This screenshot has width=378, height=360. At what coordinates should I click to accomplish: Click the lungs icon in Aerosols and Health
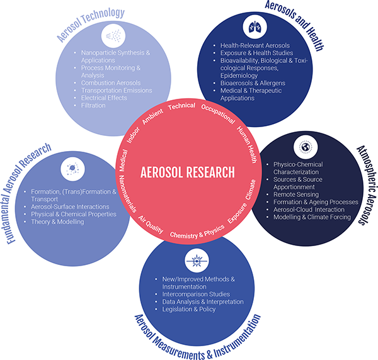click(x=255, y=26)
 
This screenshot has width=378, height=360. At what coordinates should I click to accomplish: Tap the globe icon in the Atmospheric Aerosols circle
click(x=306, y=147)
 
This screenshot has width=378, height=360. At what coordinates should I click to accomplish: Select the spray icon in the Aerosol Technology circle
click(x=113, y=36)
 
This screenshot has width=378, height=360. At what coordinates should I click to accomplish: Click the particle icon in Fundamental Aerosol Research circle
click(x=72, y=169)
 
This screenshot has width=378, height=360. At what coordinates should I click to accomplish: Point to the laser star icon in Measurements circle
click(x=197, y=261)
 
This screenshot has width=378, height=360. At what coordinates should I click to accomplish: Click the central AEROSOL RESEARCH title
click(x=188, y=172)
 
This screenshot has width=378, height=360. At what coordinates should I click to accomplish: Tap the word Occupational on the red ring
click(x=218, y=114)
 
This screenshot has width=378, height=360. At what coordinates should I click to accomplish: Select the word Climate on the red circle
click(x=251, y=189)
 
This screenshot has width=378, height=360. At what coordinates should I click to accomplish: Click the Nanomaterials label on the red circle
click(x=127, y=194)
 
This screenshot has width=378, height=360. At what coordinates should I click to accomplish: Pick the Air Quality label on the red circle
click(x=151, y=225)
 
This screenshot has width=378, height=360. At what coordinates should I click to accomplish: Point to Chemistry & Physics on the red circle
click(x=197, y=232)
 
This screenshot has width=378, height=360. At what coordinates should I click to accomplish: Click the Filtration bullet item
click(x=93, y=106)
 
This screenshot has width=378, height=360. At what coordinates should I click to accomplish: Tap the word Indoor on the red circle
click(x=134, y=135)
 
